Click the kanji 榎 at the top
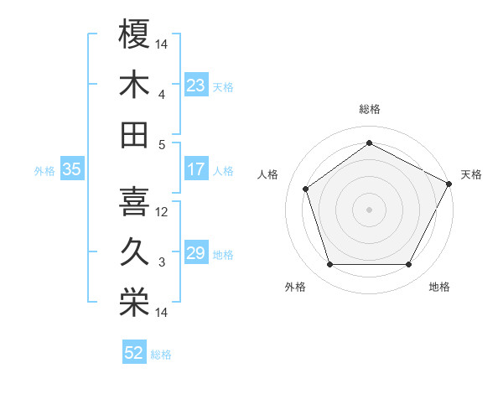coord(134,34)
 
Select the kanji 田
coord(134,134)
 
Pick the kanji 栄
coord(134,302)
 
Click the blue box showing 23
coord(195,85)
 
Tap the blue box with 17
coord(195,169)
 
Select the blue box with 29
coord(195,253)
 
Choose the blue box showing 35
coord(71,169)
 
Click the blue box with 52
coord(134,353)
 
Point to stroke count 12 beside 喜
coord(163,211)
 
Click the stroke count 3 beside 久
coord(162,262)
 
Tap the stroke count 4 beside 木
coord(162,94)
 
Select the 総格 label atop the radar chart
coord(369,109)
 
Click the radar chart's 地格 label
coord(439,287)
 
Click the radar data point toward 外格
coord(329,265)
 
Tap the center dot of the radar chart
coord(369,210)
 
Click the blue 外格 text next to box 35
coord(44,170)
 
